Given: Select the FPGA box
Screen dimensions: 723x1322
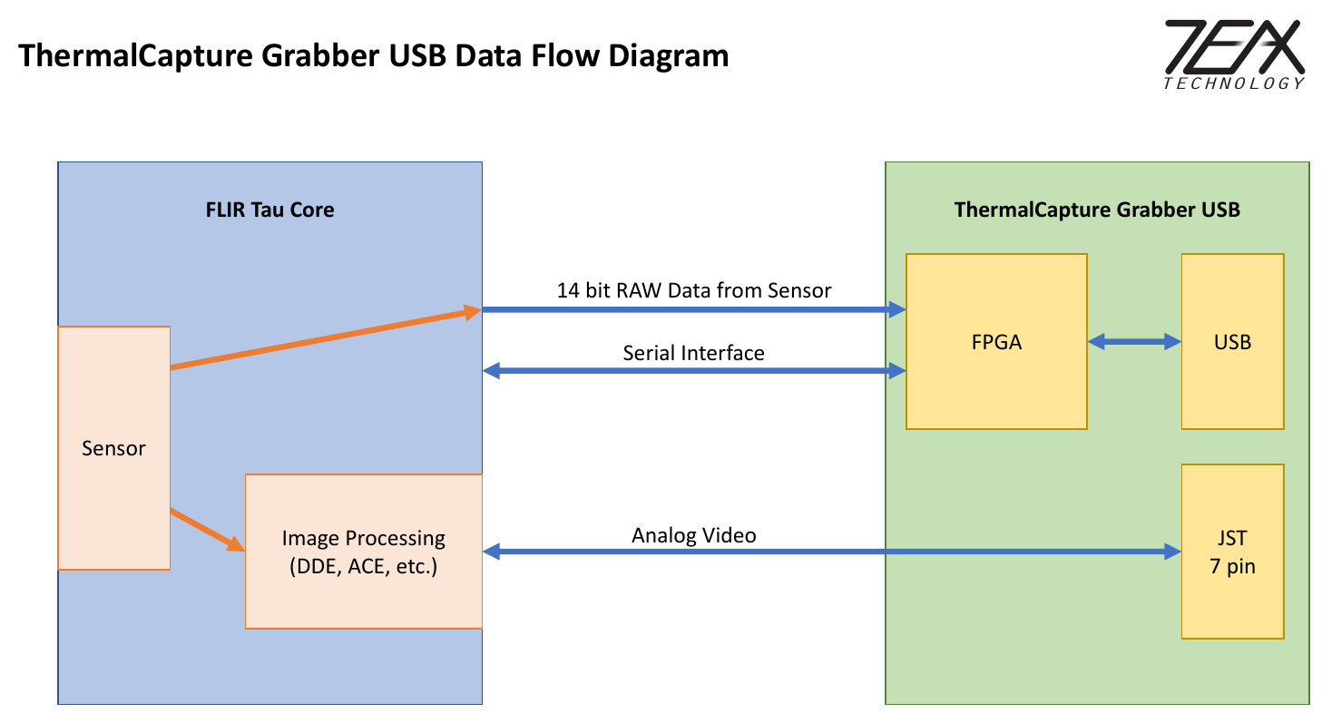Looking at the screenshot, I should [x=996, y=341].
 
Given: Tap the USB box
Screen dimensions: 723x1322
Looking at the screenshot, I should [x=1232, y=341].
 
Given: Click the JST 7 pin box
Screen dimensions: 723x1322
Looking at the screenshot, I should [x=1232, y=552].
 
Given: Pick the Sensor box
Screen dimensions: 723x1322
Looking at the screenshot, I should [x=113, y=448].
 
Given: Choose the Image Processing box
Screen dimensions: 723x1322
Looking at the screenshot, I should [x=363, y=552].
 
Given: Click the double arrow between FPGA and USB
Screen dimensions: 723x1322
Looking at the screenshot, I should [x=1134, y=342].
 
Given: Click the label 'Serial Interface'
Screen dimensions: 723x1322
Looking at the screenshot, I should [x=693, y=353].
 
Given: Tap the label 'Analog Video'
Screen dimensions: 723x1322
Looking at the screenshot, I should [x=693, y=535].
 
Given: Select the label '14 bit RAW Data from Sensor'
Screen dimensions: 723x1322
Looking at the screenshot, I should [x=693, y=290].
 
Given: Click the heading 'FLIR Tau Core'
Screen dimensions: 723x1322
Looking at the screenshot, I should [x=269, y=210].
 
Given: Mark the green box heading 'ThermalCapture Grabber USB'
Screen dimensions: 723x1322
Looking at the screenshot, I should [x=1097, y=210].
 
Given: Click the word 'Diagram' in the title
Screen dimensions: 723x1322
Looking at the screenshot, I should [x=668, y=55].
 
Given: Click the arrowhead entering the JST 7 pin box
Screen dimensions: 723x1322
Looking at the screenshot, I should [x=1173, y=552].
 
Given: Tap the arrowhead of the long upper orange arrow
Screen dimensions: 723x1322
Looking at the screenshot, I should [x=472, y=312].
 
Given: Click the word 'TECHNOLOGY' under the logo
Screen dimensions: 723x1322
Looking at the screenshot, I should [x=1233, y=83].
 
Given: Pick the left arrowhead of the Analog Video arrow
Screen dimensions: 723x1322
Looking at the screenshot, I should [x=491, y=552].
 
